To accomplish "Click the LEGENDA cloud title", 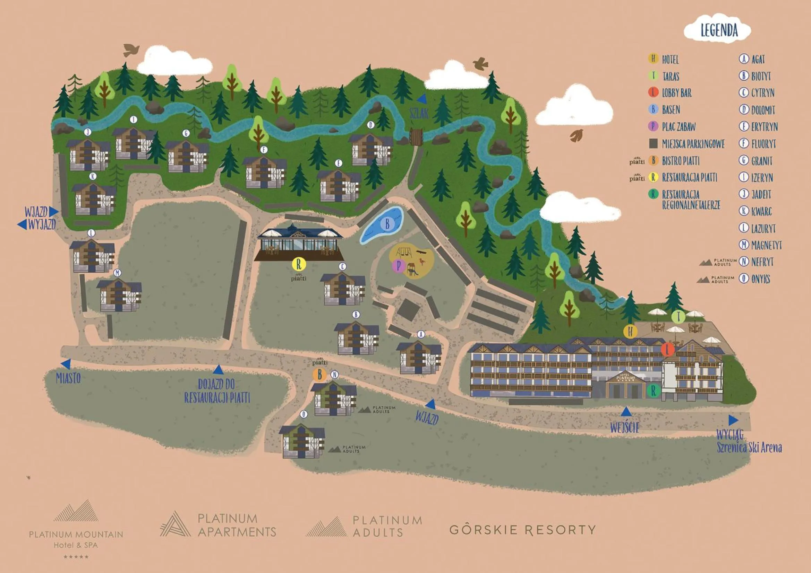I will [719, 31].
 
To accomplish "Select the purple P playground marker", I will [399, 266].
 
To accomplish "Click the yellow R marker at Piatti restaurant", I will [299, 264].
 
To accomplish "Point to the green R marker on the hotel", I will [654, 390].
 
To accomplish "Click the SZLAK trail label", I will [419, 113].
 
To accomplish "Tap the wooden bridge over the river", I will [417, 136].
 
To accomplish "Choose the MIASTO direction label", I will [68, 378].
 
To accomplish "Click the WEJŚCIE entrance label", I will [624, 427].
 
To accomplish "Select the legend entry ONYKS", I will [760, 279].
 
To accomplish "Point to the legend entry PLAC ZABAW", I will [678, 127].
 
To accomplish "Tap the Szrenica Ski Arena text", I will [749, 447].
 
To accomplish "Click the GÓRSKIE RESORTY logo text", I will [522, 530].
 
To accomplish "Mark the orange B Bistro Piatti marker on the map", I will [320, 375].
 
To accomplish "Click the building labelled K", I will [94, 199].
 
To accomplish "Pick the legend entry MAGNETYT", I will [766, 245].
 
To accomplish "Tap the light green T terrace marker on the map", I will [678, 317].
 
